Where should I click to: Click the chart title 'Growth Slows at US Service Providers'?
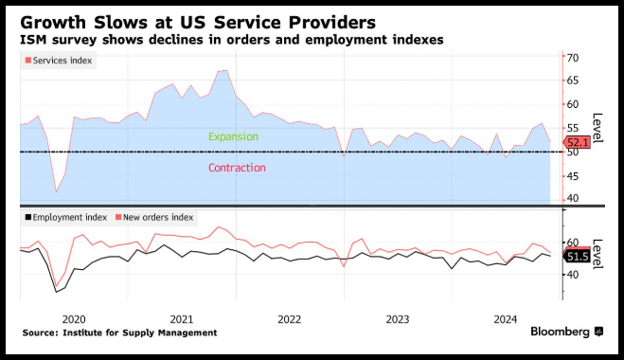click(198, 23)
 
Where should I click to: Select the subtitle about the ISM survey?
click(232, 40)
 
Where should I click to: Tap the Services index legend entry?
click(59, 61)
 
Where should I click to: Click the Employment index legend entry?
click(66, 218)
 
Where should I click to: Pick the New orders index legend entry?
click(154, 218)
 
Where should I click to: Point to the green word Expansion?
click(233, 136)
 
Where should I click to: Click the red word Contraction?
click(237, 168)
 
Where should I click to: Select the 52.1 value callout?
click(577, 142)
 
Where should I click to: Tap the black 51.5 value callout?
click(577, 257)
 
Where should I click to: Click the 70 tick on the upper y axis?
click(573, 58)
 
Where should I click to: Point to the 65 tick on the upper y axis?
click(573, 81)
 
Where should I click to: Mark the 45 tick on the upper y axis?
click(573, 176)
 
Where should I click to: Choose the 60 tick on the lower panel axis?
click(573, 243)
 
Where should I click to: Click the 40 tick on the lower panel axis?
click(573, 275)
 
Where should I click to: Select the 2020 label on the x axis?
click(74, 319)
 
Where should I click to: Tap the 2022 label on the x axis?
click(290, 319)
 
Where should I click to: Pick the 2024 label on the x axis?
click(506, 319)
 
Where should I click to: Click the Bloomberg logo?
click(566, 332)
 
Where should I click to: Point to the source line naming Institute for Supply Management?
click(120, 333)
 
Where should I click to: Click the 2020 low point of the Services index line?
click(56, 192)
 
